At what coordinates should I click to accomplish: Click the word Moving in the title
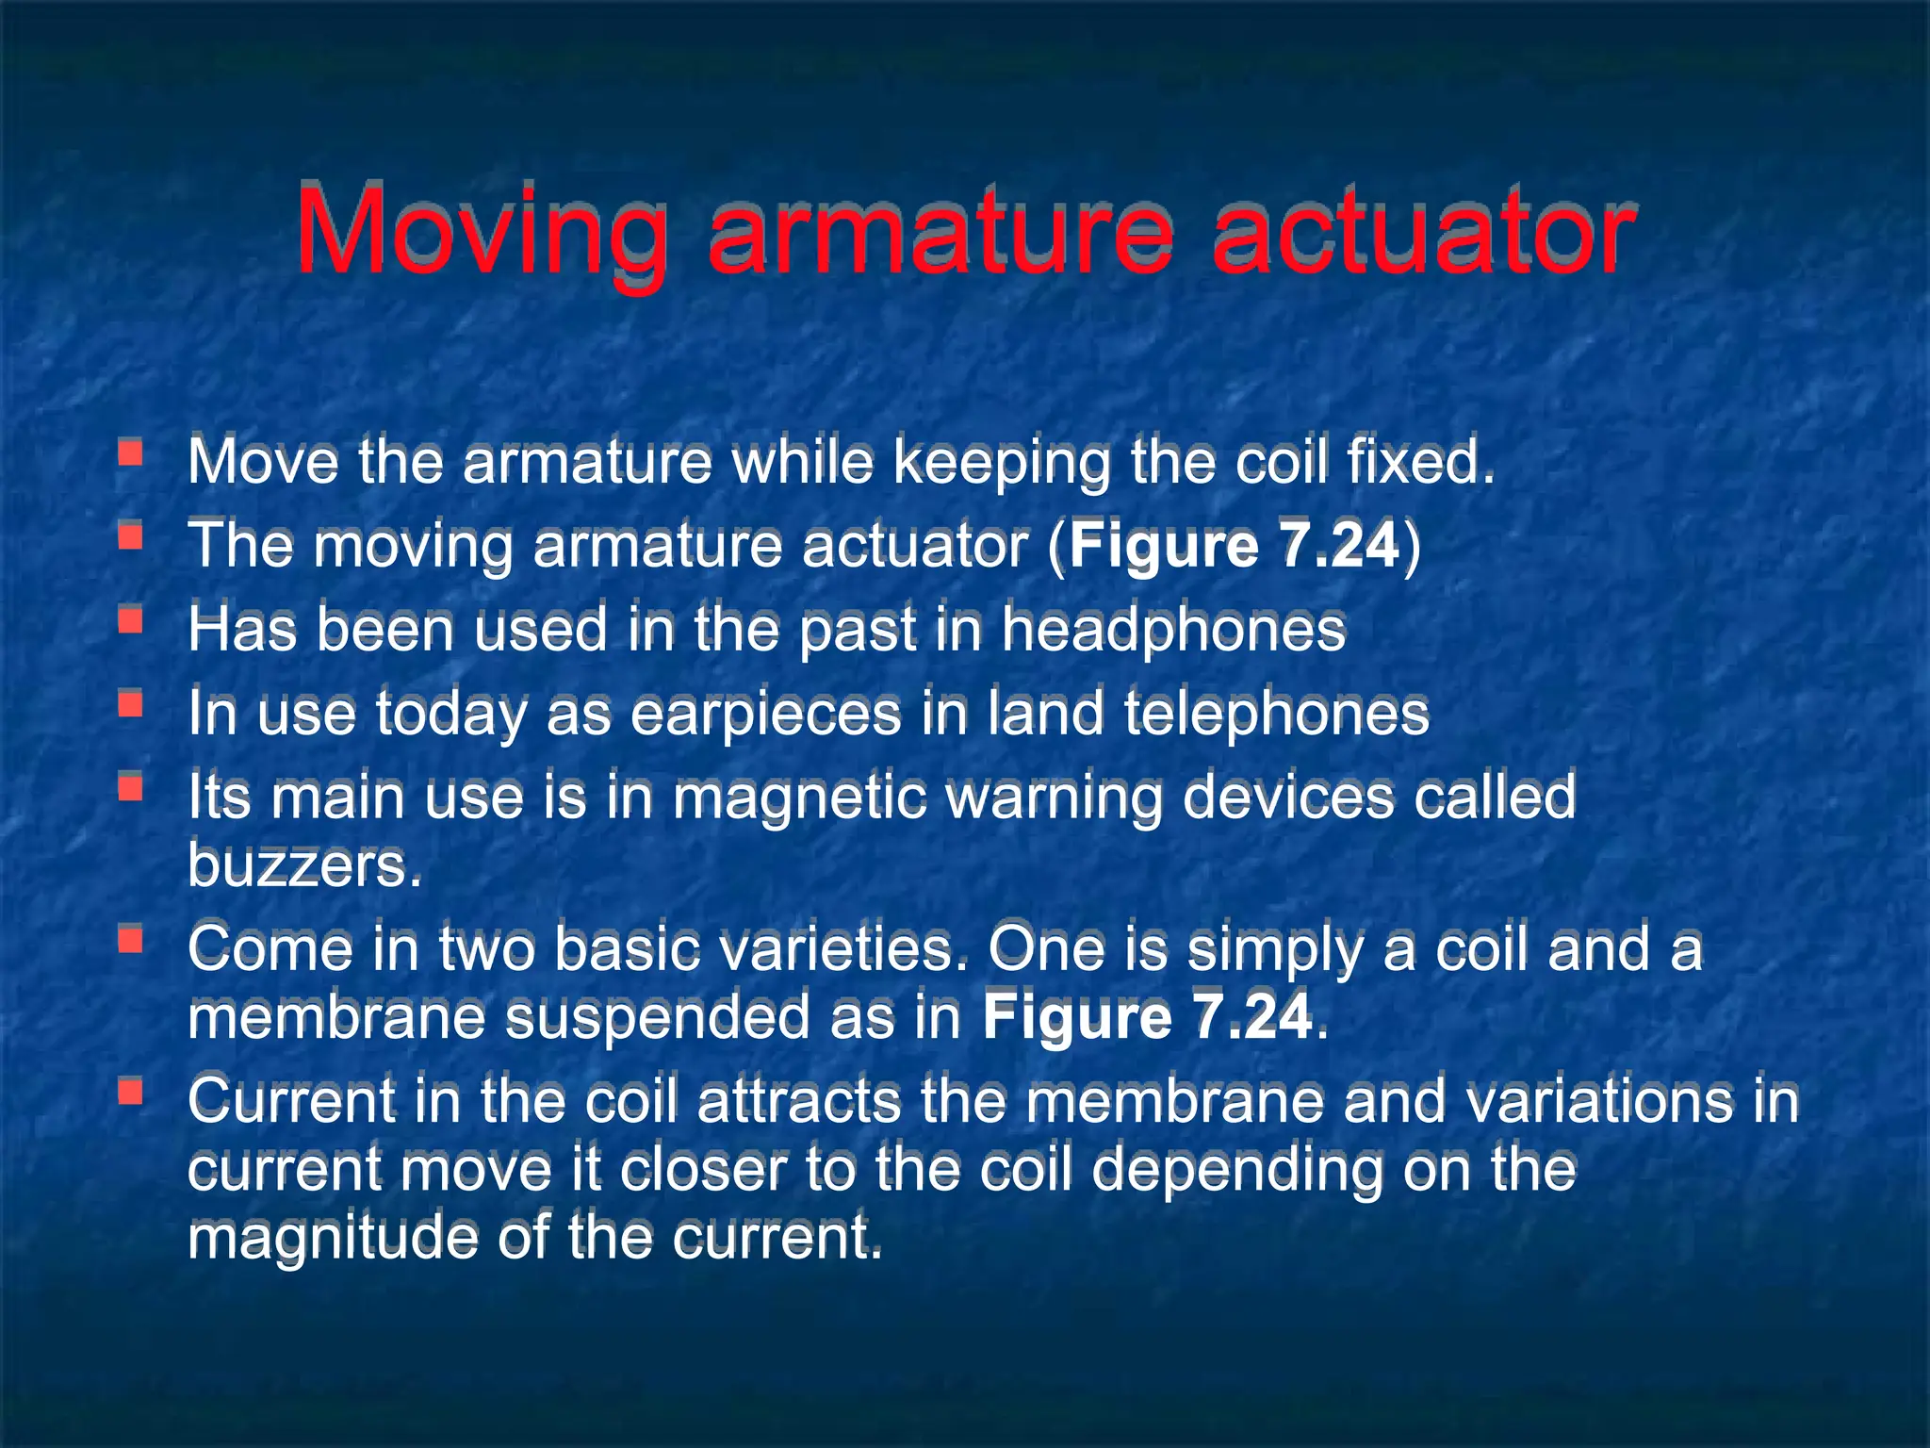tap(482, 231)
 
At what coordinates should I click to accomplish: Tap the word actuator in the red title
tap(1424, 231)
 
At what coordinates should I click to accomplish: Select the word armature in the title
tap(941, 231)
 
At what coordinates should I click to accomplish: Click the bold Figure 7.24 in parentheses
tap(1235, 545)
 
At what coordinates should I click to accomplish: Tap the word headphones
tap(1173, 629)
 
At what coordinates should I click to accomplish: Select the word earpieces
tap(765, 713)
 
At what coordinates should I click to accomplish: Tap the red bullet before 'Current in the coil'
tap(130, 1093)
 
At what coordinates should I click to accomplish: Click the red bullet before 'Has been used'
tap(130, 620)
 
